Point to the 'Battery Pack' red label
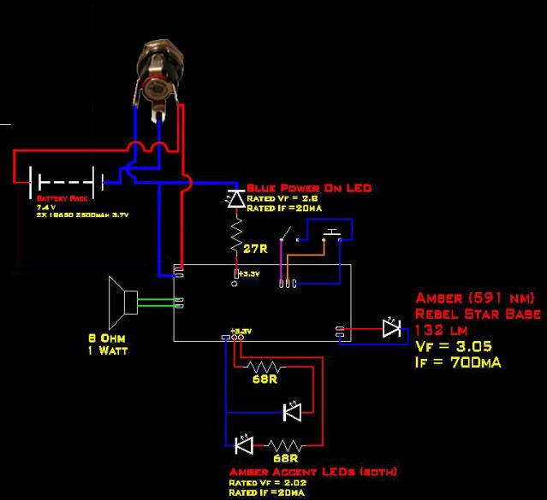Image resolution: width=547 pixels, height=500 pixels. [x=56, y=198]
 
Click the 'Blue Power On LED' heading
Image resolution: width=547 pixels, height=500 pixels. [x=308, y=188]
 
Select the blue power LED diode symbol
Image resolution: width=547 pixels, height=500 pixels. [x=235, y=199]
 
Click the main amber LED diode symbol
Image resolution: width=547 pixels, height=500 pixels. [x=392, y=328]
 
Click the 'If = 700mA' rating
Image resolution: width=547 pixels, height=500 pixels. [x=458, y=362]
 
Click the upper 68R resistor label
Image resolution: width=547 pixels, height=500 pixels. [x=264, y=379]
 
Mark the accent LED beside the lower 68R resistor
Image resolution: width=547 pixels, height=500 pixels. [x=241, y=444]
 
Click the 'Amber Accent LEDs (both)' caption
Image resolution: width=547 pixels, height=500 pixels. [x=312, y=472]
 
